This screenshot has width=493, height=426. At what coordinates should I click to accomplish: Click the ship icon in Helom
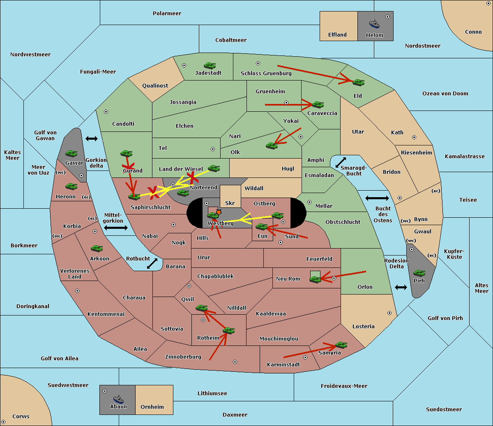click(x=374, y=24)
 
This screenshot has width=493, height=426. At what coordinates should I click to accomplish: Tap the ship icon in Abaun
click(x=118, y=399)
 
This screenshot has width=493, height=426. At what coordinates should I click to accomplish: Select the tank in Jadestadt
click(x=210, y=65)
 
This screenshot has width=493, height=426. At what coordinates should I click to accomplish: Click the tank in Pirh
click(x=419, y=273)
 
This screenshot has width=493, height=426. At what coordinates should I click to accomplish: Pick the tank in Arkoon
click(x=97, y=248)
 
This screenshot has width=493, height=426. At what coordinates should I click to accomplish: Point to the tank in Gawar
click(x=71, y=153)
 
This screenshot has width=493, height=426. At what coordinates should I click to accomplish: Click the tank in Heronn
click(x=71, y=186)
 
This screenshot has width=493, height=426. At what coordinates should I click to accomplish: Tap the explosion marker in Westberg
click(x=219, y=212)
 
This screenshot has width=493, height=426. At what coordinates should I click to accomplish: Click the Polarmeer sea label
click(x=167, y=14)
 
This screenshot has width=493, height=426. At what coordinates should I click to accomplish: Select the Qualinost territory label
click(x=155, y=85)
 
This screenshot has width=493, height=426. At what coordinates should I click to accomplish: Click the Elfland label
click(x=337, y=35)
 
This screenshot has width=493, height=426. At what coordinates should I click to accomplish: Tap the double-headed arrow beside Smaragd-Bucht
click(x=341, y=162)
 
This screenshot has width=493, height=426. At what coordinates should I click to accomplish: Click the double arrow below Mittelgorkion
click(x=116, y=228)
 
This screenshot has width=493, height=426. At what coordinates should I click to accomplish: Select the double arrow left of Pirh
click(x=401, y=288)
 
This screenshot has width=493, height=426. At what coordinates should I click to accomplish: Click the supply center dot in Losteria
click(x=389, y=313)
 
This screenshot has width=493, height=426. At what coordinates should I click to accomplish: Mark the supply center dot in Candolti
click(x=106, y=112)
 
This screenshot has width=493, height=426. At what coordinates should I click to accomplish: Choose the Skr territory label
click(x=230, y=203)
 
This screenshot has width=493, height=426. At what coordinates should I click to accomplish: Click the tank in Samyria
click(x=341, y=345)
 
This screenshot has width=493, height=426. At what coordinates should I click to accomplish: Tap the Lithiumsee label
click(x=212, y=393)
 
